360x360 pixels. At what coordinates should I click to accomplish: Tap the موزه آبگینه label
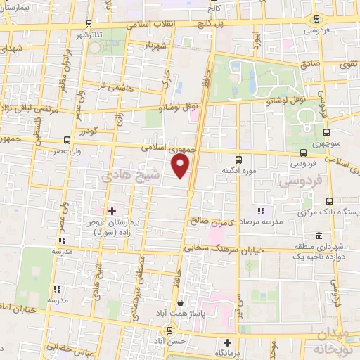tap(238, 171)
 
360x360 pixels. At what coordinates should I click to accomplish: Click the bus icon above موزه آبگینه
tap(238, 160)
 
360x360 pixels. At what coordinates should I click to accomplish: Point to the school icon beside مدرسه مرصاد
tap(261, 210)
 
